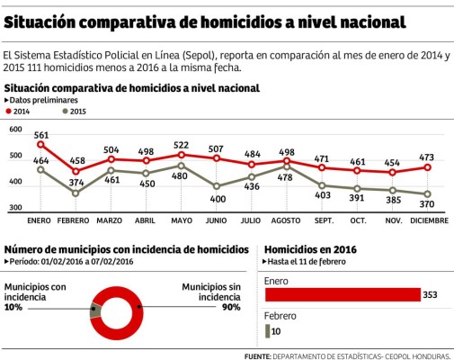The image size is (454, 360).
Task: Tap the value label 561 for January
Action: point(41,135)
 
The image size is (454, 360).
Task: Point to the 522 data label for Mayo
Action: point(180,145)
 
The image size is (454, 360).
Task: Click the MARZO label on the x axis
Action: point(110,220)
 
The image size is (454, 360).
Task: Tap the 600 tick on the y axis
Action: point(14,130)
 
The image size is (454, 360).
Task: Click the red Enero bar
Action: point(342,294)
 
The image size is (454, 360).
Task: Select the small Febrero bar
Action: point(266,332)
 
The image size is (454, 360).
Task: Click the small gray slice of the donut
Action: point(93,311)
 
